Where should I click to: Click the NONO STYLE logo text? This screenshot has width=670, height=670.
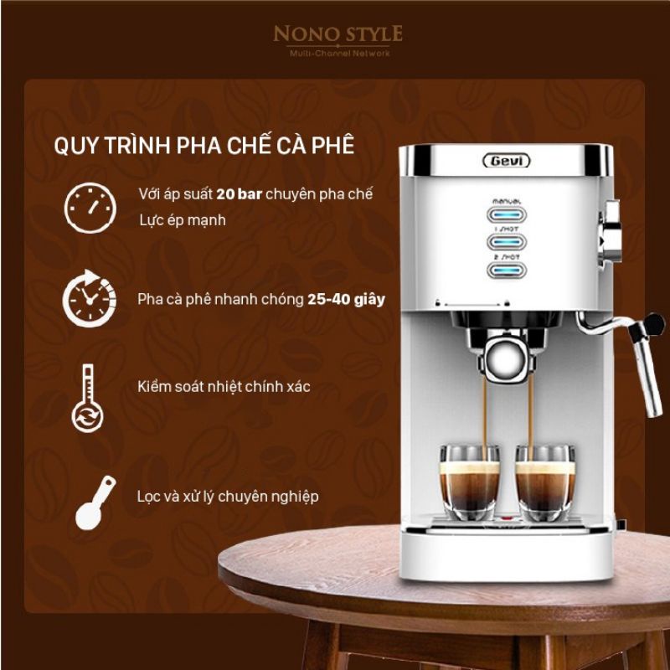click(338, 34)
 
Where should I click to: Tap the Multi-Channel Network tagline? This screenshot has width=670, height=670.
click(338, 54)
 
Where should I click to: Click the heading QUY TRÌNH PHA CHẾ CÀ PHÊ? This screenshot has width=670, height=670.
click(204, 145)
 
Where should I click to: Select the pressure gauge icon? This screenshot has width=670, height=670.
click(89, 208)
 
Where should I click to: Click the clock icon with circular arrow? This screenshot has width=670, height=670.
click(89, 296)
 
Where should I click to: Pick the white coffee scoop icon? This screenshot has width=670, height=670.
click(94, 502)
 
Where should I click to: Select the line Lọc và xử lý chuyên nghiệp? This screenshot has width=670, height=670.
click(228, 497)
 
